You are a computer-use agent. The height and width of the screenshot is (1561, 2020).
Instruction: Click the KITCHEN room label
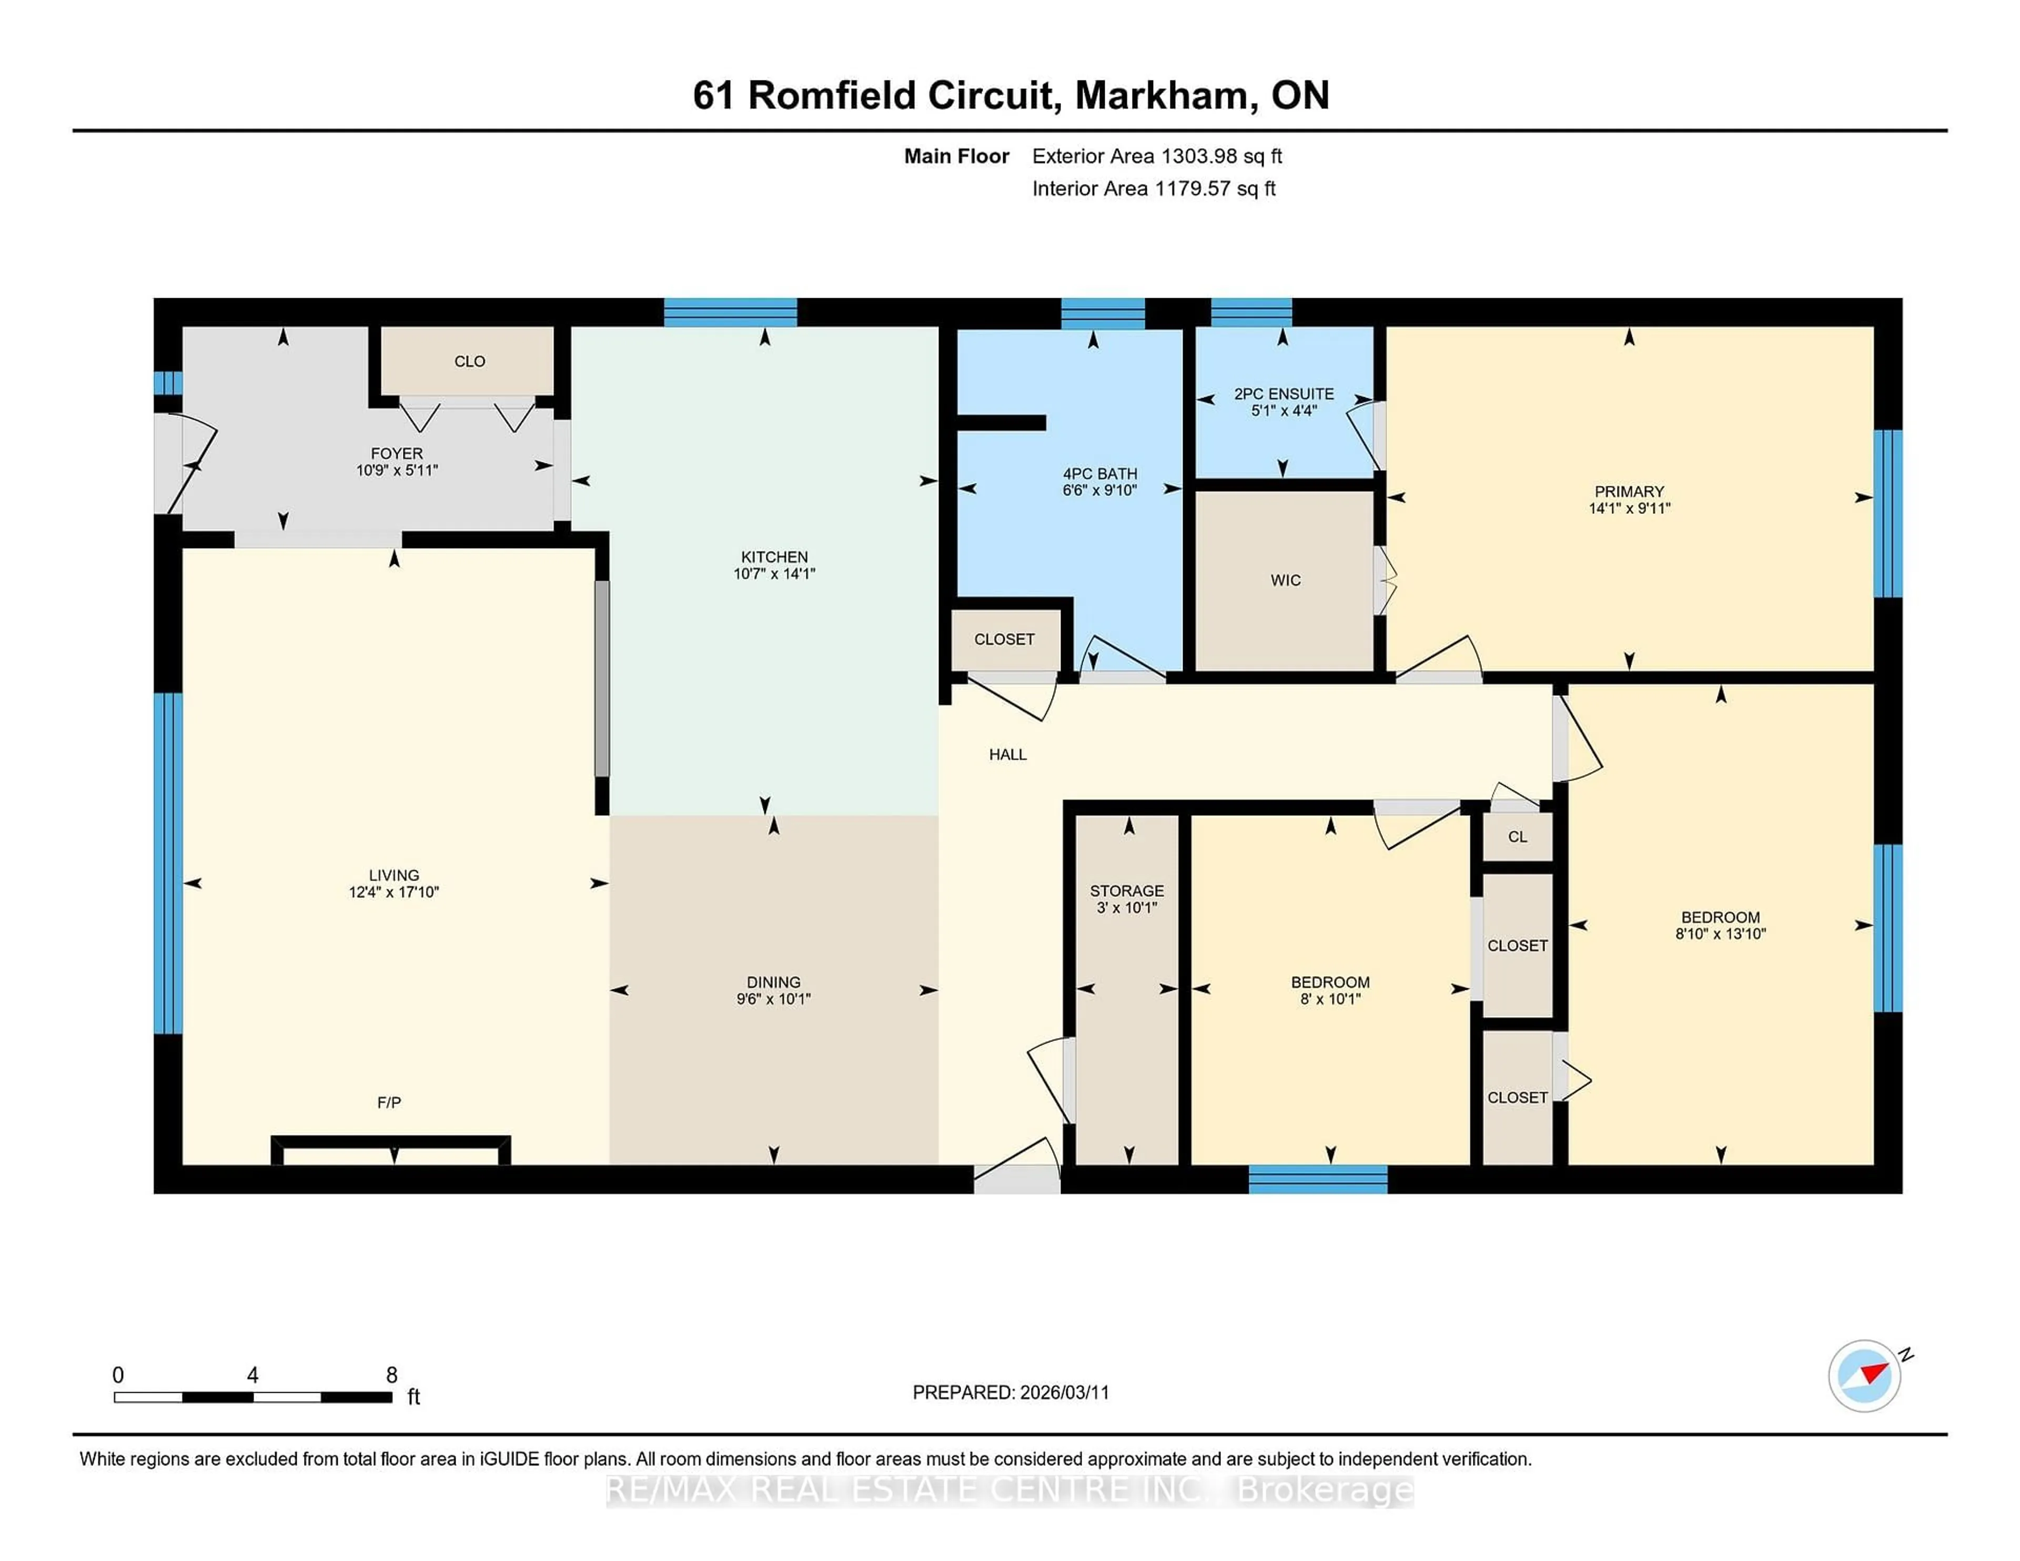pyautogui.click(x=774, y=556)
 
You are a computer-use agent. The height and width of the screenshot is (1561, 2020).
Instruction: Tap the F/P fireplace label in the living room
pyautogui.click(x=388, y=1102)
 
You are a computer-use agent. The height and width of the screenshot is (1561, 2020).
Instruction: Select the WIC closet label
pyautogui.click(x=1285, y=580)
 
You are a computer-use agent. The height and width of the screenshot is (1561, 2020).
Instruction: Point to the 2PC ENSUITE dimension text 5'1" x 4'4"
pyautogui.click(x=1283, y=411)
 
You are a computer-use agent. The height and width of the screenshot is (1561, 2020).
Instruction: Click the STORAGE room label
pyautogui.click(x=1127, y=890)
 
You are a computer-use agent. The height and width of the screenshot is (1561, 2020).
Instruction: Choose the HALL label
pyautogui.click(x=1007, y=755)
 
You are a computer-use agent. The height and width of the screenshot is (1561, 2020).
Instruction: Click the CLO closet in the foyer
pyautogui.click(x=469, y=361)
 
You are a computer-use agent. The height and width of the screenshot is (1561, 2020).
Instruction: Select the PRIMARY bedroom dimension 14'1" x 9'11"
pyautogui.click(x=1629, y=508)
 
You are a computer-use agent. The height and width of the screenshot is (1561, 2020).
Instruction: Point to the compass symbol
pyautogui.click(x=1864, y=1375)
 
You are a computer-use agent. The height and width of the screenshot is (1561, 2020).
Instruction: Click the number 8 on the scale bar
pyautogui.click(x=391, y=1375)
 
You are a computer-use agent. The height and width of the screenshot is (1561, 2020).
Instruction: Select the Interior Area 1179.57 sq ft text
pyautogui.click(x=1154, y=189)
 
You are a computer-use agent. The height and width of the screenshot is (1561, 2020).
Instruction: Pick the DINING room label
pyautogui.click(x=773, y=982)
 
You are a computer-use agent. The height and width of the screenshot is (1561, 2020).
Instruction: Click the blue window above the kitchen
pyautogui.click(x=730, y=312)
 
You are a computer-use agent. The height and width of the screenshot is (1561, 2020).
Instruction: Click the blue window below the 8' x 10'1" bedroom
pyautogui.click(x=1317, y=1179)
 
